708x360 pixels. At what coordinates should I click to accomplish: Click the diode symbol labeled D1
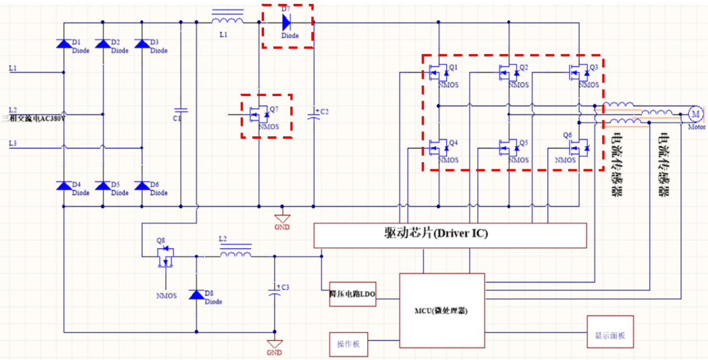pyautogui.click(x=64, y=44)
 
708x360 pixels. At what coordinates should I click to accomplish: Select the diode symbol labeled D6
pyautogui.click(x=142, y=186)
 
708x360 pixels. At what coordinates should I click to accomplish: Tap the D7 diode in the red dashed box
pyautogui.click(x=286, y=22)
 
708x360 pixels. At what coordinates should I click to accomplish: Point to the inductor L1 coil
pyautogui.click(x=228, y=21)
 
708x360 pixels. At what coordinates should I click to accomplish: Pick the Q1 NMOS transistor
pyautogui.click(x=439, y=72)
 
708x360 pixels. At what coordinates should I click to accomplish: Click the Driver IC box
pyautogui.click(x=450, y=235)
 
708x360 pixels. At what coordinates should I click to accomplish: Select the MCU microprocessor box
pyautogui.click(x=442, y=310)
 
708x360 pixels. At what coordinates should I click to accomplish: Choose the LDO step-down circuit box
pyautogui.click(x=352, y=294)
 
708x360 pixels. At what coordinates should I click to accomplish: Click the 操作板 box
pyautogui.click(x=348, y=344)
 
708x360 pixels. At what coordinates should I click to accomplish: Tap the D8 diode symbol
pyautogui.click(x=196, y=295)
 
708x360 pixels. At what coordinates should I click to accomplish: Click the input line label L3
pyautogui.click(x=13, y=143)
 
